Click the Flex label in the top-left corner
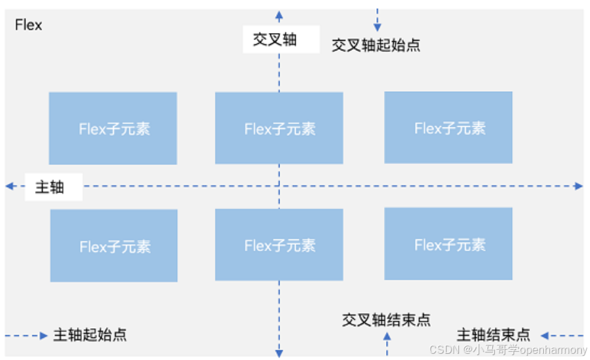[x=28, y=26]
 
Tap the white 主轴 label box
[x=53, y=187]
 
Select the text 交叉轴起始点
[x=376, y=46]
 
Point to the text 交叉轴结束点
[x=386, y=320]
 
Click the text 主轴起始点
[x=90, y=336]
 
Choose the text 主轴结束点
[x=494, y=336]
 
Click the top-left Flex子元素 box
[x=113, y=128]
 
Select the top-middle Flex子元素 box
[x=278, y=128]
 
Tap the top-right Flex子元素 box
[x=448, y=128]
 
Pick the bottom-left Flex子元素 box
[x=114, y=246]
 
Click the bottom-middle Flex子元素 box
[x=278, y=245]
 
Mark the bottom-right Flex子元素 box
[x=448, y=244]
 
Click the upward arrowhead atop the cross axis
[x=278, y=14]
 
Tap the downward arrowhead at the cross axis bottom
[x=278, y=352]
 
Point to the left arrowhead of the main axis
[x=9, y=186]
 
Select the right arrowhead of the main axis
[x=579, y=186]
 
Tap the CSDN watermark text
[x=507, y=350]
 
